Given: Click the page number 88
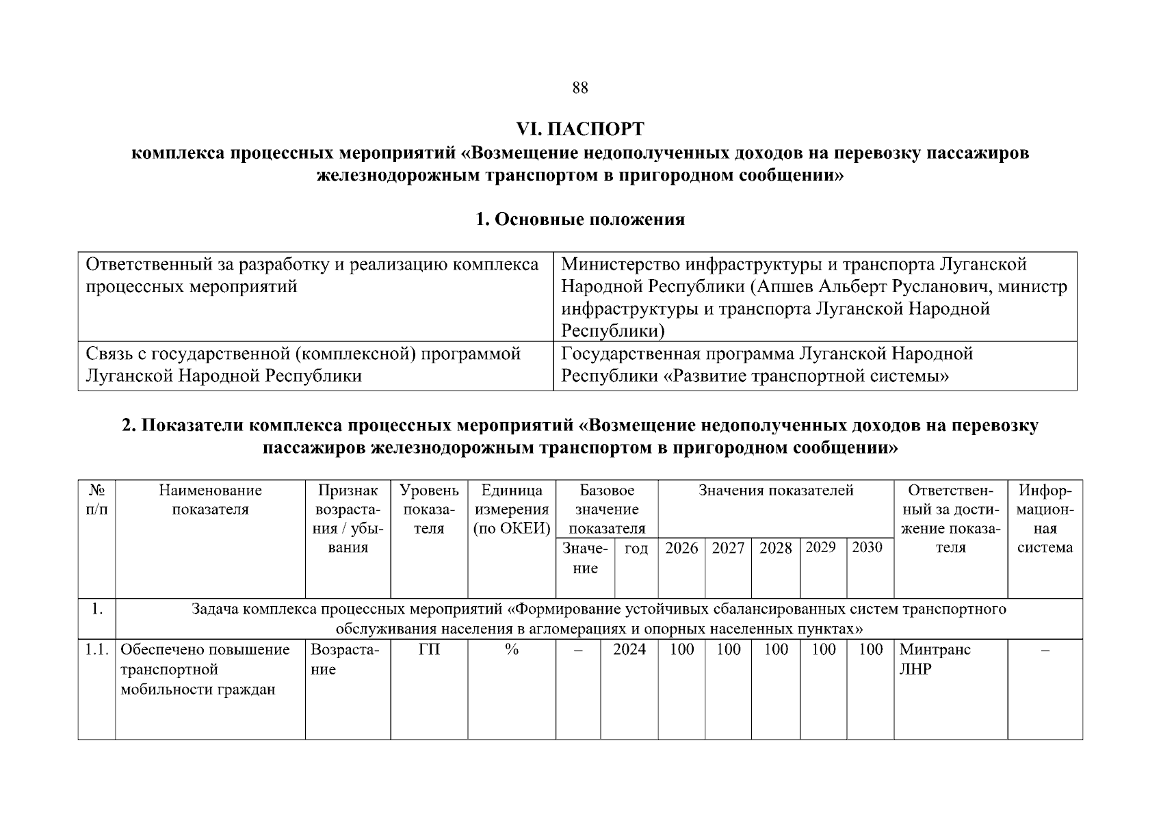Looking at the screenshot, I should [x=579, y=88].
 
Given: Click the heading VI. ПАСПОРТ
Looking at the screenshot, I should [x=579, y=129].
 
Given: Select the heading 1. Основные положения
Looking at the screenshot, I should [x=579, y=220].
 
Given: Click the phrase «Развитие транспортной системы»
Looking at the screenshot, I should [x=807, y=376].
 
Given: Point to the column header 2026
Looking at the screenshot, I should [x=681, y=548].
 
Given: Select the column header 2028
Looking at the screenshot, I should [x=775, y=548].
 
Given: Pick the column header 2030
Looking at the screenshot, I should [x=867, y=547].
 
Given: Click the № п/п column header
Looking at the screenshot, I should [x=96, y=500].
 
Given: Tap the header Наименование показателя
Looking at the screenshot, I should [x=210, y=500].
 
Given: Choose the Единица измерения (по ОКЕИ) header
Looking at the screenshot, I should [x=511, y=510].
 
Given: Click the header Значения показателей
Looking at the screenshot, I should [x=775, y=491].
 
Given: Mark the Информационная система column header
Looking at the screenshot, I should [x=1045, y=519].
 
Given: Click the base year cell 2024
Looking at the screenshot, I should [x=629, y=650].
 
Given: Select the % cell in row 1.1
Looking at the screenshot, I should [x=511, y=650].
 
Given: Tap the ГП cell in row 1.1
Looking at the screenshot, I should [x=429, y=650].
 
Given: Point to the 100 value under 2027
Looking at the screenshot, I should [x=728, y=650].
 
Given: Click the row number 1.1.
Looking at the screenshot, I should [x=96, y=650].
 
